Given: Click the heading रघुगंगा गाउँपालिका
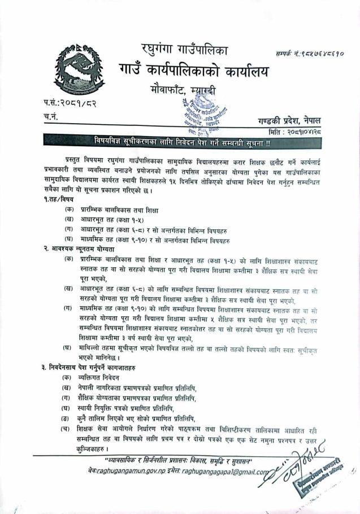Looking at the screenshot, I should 184,51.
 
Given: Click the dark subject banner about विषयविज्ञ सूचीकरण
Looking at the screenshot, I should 182,140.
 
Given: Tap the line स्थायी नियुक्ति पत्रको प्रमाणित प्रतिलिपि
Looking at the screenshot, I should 130,407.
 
